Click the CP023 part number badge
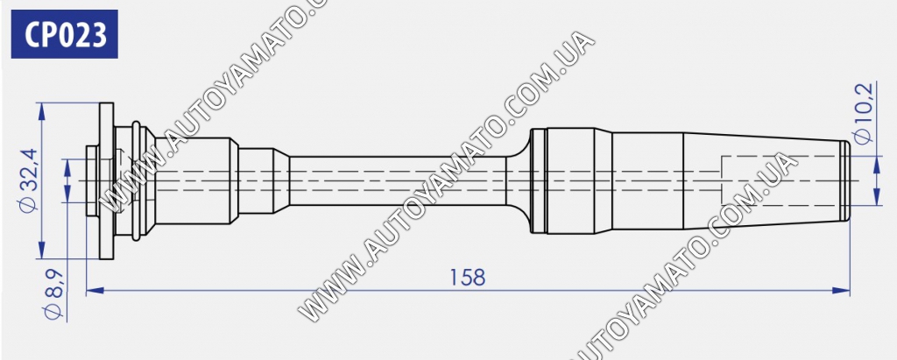tap(64, 34)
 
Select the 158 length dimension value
tap(467, 278)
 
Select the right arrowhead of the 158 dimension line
tap(841, 291)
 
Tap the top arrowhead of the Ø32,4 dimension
tap(41, 111)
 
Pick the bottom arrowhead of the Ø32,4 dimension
tap(41, 251)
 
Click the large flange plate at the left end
tap(106, 180)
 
